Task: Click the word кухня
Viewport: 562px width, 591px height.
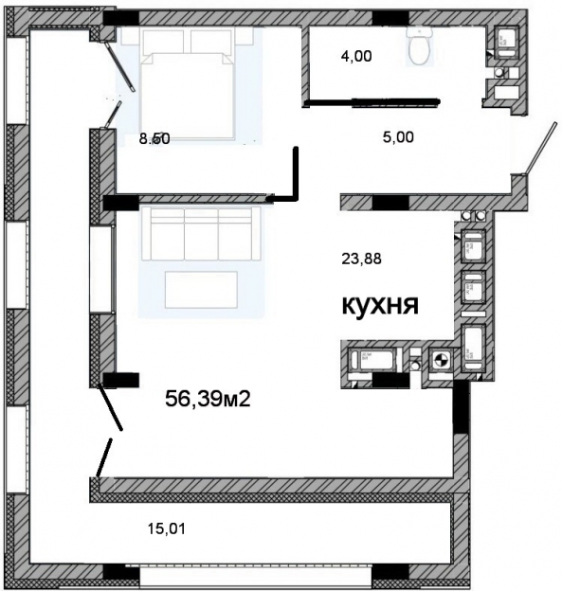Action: (x=380, y=306)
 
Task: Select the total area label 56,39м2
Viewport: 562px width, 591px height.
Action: (x=208, y=399)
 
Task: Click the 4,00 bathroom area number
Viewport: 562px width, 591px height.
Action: (x=356, y=56)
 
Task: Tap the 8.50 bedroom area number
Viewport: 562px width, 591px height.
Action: (x=154, y=137)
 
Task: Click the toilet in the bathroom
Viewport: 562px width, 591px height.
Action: (x=418, y=46)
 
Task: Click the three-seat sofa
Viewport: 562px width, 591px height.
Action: (x=201, y=233)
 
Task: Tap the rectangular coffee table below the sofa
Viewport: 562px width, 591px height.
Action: (x=201, y=289)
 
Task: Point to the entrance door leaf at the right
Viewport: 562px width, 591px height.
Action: (x=534, y=149)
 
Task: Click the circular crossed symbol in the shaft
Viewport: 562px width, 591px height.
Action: (x=440, y=359)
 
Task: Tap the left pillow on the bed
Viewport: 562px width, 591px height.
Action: (x=163, y=42)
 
